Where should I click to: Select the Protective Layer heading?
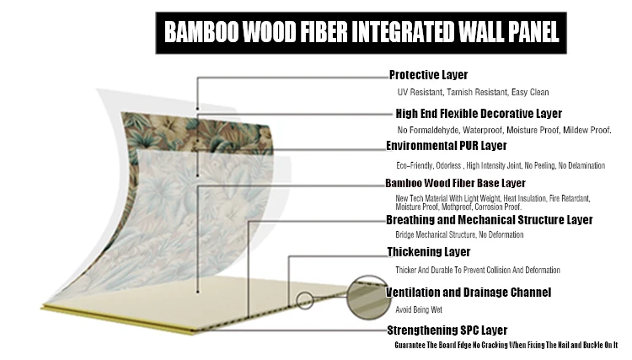[427, 74]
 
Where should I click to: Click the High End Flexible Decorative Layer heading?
[479, 113]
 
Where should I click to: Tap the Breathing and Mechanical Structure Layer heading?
[489, 220]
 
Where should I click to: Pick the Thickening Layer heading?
[428, 251]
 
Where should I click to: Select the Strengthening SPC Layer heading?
[447, 330]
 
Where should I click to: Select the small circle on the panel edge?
[303, 298]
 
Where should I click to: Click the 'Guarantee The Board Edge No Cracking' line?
[506, 344]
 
